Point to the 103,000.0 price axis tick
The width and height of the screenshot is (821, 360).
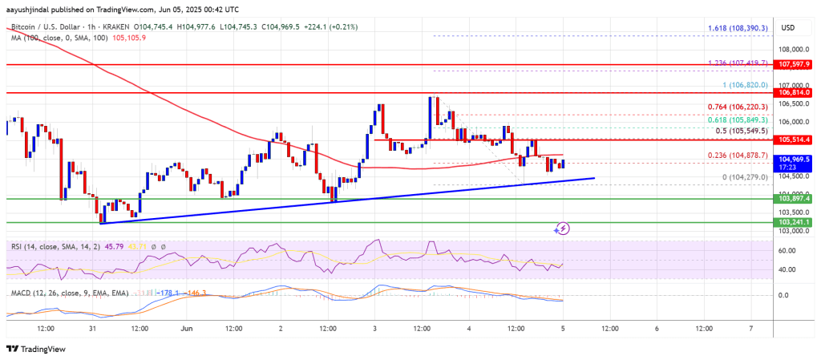[790, 231]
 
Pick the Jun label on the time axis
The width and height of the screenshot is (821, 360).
[187, 329]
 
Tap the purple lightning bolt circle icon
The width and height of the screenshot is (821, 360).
[562, 229]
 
